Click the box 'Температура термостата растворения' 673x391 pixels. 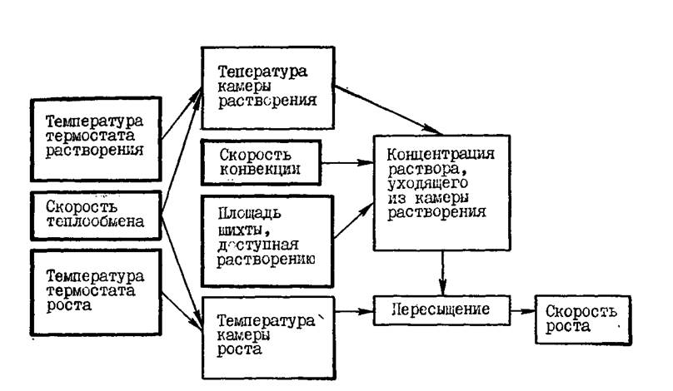pos(96,139)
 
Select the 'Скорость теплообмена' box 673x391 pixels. pos(96,215)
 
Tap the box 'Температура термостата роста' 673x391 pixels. pos(96,292)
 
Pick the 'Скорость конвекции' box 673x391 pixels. pos(261,162)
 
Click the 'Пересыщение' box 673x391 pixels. pos(441,310)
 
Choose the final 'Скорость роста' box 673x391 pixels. pos(583,319)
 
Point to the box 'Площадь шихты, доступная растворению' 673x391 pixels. pos(267,241)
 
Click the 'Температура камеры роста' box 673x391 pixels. pos(269,338)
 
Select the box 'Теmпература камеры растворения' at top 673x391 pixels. pos(268,88)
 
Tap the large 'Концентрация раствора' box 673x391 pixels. pos(441,193)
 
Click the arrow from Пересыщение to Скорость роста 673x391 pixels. pos(523,311)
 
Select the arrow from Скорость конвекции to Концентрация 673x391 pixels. pos(347,163)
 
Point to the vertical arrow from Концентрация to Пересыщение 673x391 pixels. pos(442,273)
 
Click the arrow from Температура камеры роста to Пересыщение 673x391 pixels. pos(354,311)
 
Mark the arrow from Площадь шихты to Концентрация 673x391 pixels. pos(354,220)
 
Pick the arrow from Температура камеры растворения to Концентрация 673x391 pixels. pos(388,110)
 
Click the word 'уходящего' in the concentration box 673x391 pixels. pos(427,184)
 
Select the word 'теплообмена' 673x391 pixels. pos(95,221)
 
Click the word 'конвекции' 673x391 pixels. pos(260,170)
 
